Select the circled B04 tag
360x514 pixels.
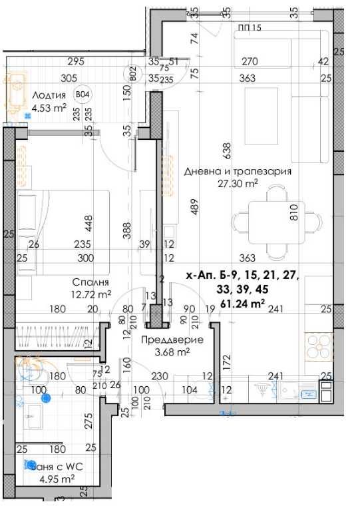(x=84, y=95)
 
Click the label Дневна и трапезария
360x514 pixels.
(x=238, y=171)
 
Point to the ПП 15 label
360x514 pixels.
(x=250, y=27)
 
